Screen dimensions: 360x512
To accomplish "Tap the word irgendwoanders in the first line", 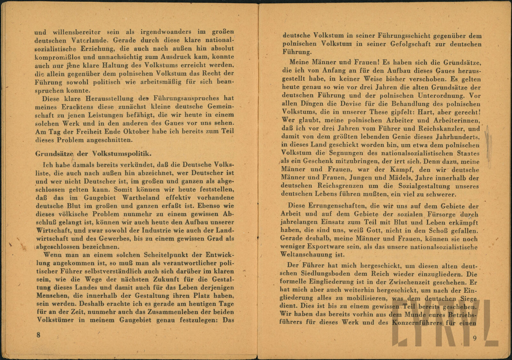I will (x=160, y=32).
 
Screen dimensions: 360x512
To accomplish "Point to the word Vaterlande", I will (x=83, y=41).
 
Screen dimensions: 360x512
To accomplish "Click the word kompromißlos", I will (x=57, y=57).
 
